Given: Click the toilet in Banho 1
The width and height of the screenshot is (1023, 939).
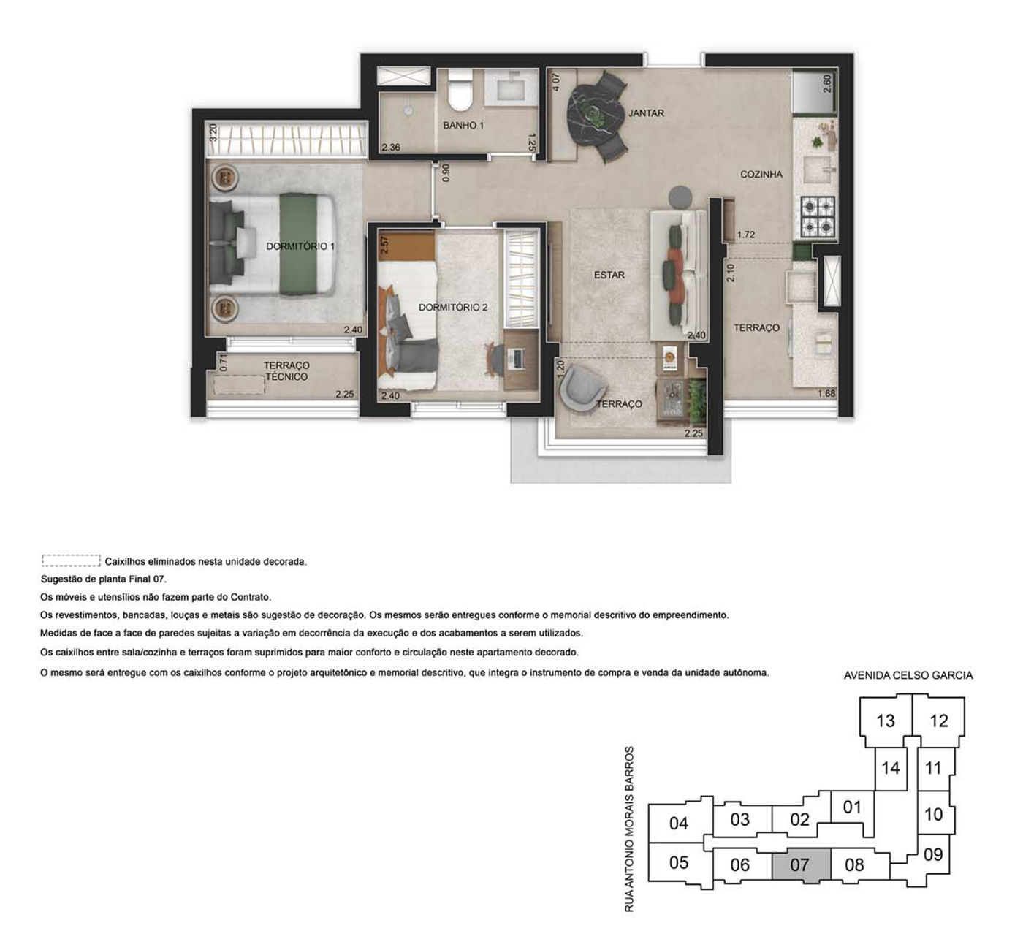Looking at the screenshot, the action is [x=461, y=91].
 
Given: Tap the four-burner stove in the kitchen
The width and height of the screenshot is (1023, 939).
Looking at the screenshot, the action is [x=818, y=217].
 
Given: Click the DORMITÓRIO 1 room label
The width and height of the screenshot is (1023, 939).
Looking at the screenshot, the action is [x=300, y=246].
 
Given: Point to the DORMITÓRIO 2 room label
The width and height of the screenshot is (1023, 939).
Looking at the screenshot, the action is [x=453, y=307].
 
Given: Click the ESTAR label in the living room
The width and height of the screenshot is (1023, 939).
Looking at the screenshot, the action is [x=609, y=275].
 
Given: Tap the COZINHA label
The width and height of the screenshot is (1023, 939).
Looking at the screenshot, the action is [x=761, y=175].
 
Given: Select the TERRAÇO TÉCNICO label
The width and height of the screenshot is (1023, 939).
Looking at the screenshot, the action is [x=286, y=370].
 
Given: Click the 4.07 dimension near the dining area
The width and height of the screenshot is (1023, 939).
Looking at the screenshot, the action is [x=556, y=82].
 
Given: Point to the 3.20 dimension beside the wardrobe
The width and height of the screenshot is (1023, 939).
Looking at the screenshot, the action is [x=213, y=132].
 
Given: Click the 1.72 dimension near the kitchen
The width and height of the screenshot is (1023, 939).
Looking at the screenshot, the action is [x=745, y=235].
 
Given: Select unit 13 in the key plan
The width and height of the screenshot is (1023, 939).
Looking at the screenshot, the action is [x=886, y=721].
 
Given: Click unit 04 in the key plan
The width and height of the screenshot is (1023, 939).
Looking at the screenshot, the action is [x=679, y=823].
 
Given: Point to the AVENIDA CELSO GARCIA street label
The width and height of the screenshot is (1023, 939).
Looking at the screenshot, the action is [x=908, y=675].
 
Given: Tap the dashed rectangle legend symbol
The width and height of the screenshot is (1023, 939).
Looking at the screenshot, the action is [x=71, y=560].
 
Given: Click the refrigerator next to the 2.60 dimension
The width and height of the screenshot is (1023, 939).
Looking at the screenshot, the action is [x=815, y=92].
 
